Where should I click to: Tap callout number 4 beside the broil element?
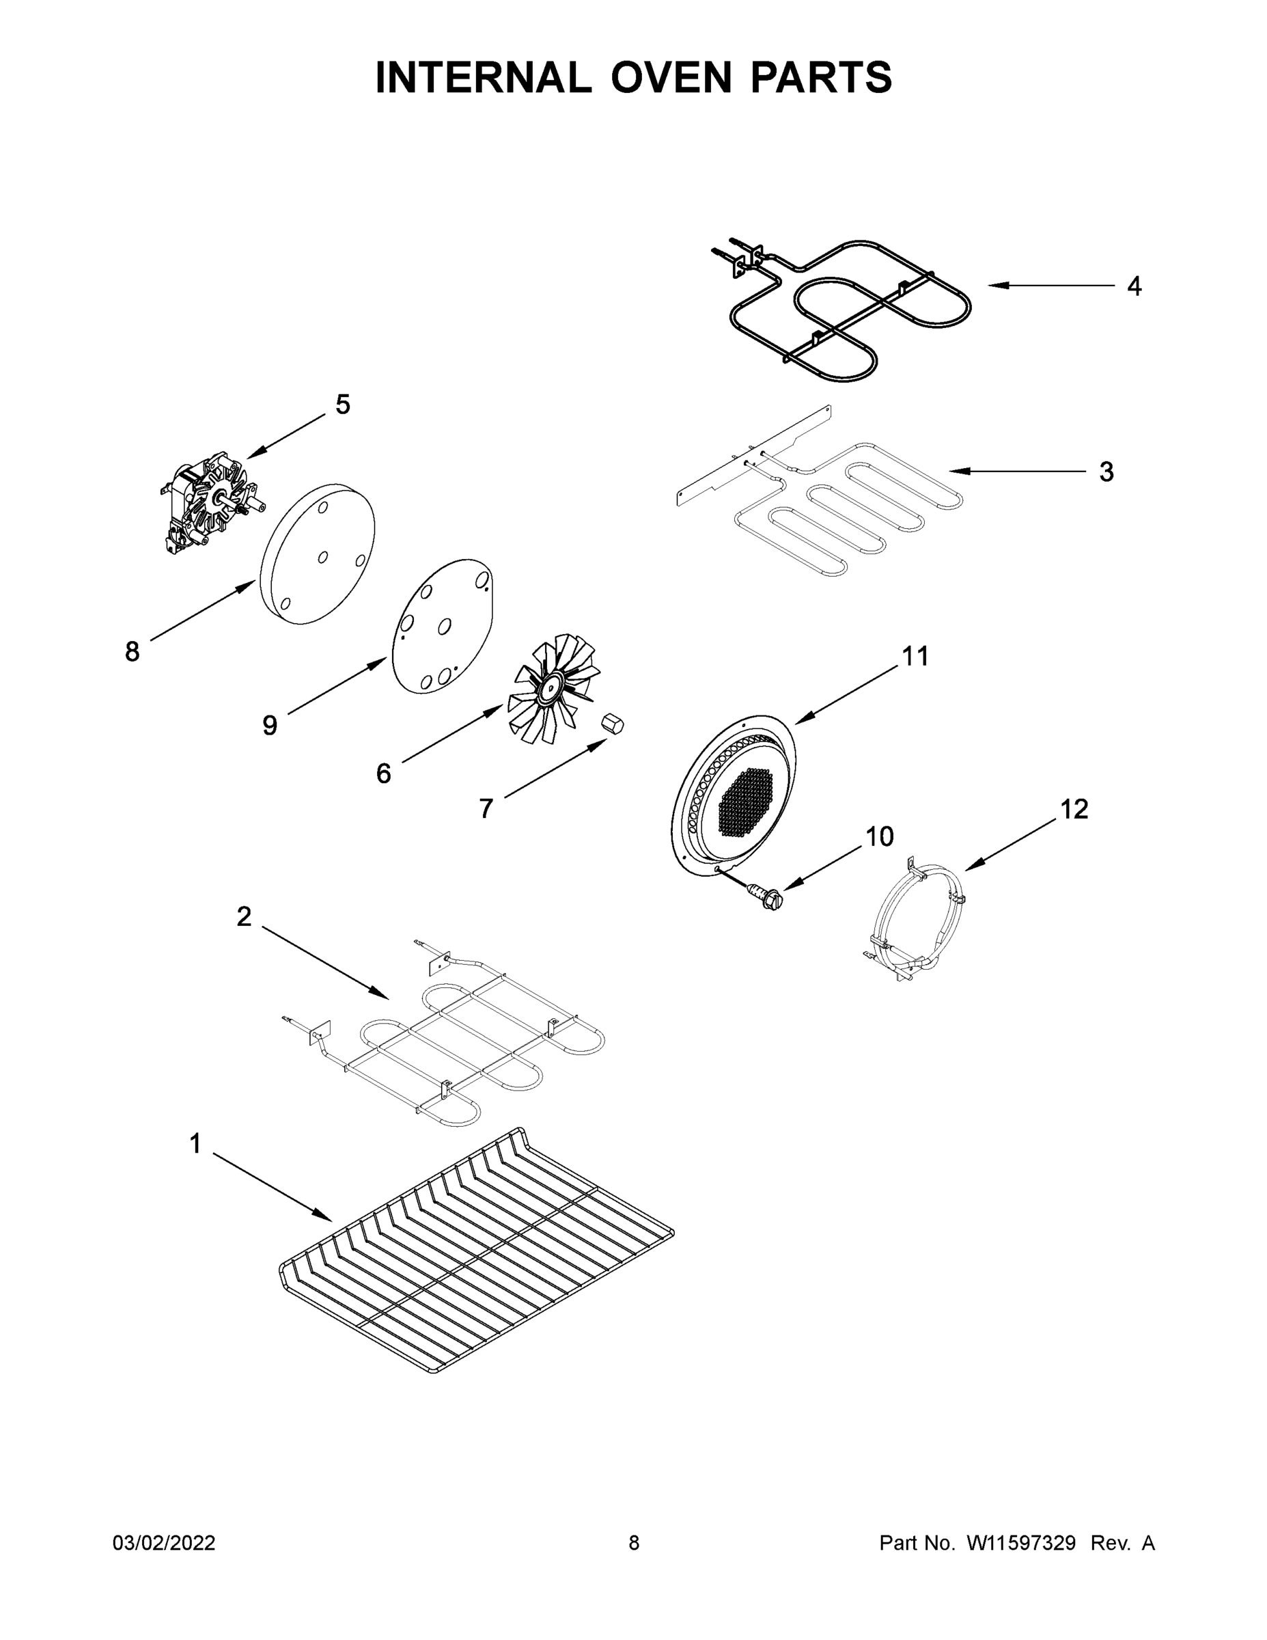pyautogui.click(x=1134, y=286)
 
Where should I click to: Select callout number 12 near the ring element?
pyautogui.click(x=1074, y=809)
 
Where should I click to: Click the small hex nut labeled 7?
pyautogui.click(x=613, y=726)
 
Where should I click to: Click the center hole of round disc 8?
pyautogui.click(x=323, y=556)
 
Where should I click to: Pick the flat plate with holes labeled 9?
pyautogui.click(x=443, y=627)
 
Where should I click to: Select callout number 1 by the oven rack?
pyautogui.click(x=195, y=1145)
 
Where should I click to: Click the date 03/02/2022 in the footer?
pyautogui.click(x=164, y=1542)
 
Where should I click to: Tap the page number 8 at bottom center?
pyautogui.click(x=634, y=1542)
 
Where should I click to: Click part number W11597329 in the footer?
pyautogui.click(x=1021, y=1542)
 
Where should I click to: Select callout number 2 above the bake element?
pyautogui.click(x=244, y=916)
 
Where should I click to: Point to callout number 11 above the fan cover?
pyautogui.click(x=915, y=656)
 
